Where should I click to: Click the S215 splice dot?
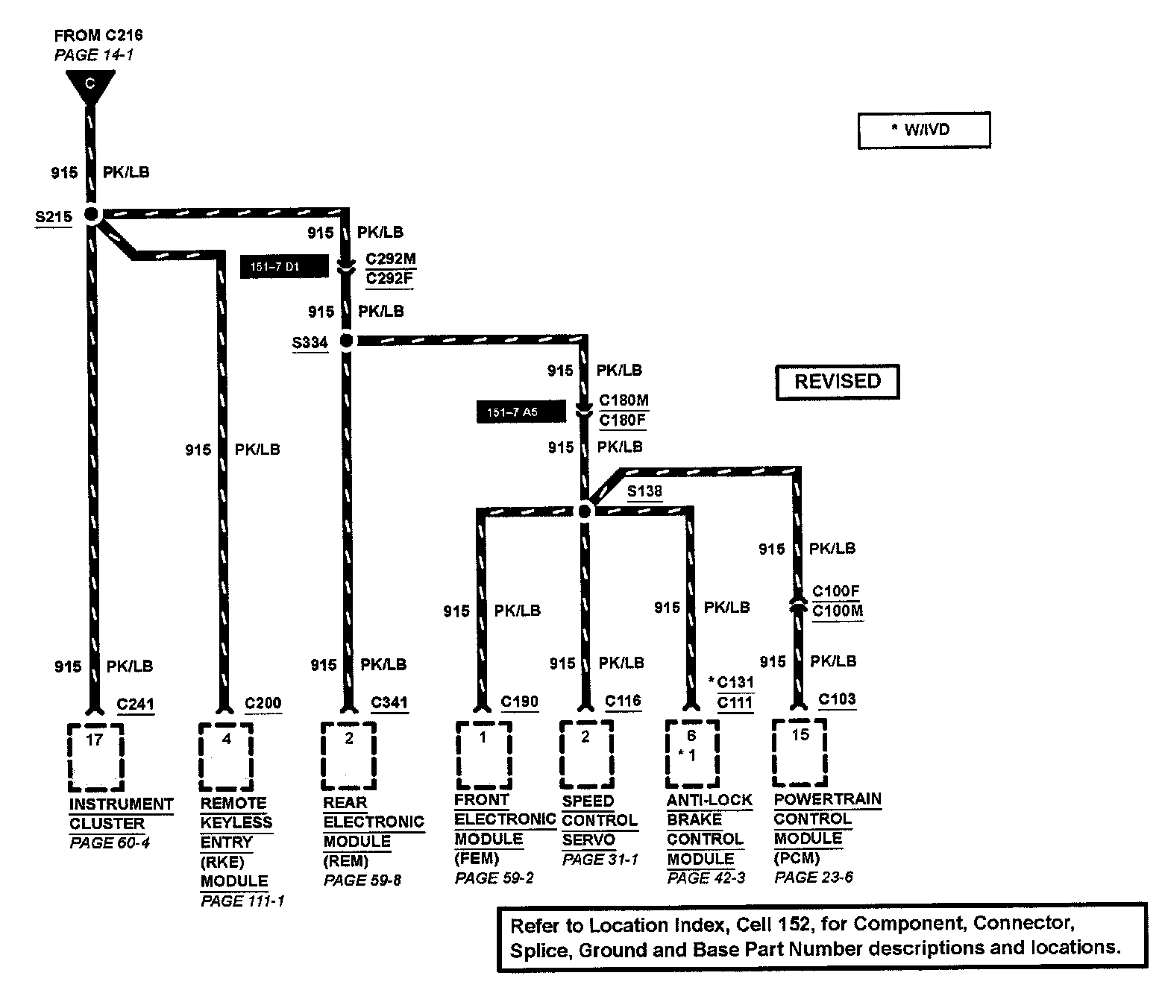[91, 215]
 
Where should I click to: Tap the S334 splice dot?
[346, 341]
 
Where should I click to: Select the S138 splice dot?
[585, 511]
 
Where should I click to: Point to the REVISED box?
[837, 382]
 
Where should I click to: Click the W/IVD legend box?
[923, 130]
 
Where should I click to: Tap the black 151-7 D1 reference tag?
[283, 266]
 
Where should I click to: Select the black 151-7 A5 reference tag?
[521, 412]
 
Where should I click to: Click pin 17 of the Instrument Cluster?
[94, 740]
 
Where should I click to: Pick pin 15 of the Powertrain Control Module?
[800, 735]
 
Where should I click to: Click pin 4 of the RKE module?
[227, 739]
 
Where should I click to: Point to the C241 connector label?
[135, 704]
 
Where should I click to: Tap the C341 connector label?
[389, 702]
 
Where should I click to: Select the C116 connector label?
[623, 701]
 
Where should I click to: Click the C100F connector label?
[836, 591]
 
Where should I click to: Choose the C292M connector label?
[390, 259]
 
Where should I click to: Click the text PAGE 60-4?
[110, 843]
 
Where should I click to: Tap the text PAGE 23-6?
[813, 877]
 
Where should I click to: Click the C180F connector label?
[623, 420]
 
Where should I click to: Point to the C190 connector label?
[519, 702]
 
